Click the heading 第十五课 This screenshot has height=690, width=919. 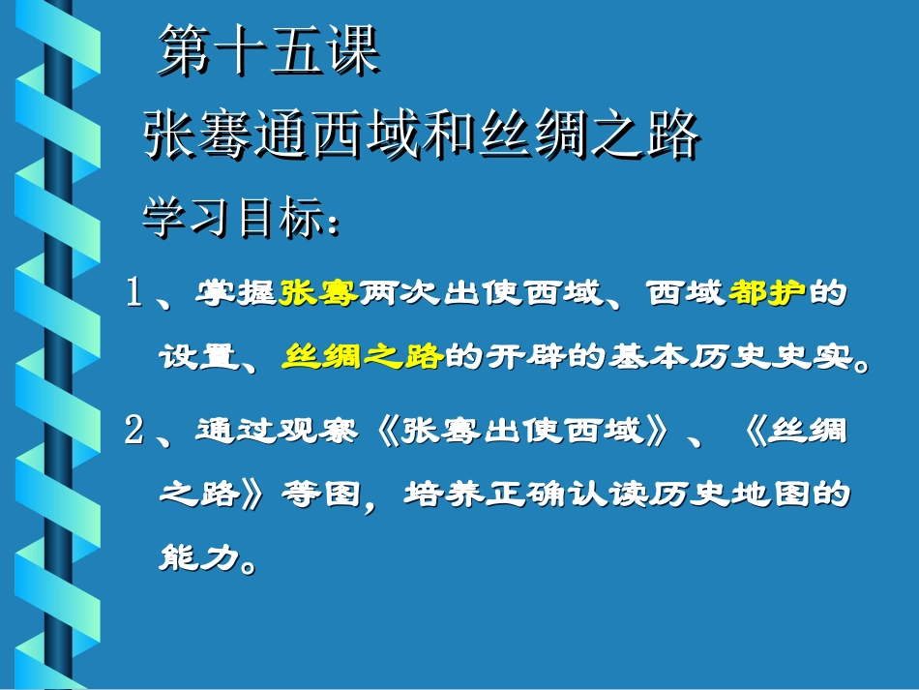pyautogui.click(x=268, y=52)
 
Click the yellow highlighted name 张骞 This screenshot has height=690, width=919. pyautogui.click(x=319, y=292)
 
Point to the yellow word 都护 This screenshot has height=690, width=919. pyautogui.click(x=767, y=292)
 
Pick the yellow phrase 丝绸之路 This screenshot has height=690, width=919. pyautogui.click(x=363, y=358)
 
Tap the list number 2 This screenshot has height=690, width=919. pyautogui.click(x=134, y=430)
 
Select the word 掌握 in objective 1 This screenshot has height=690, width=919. pyautogui.click(x=238, y=292)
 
